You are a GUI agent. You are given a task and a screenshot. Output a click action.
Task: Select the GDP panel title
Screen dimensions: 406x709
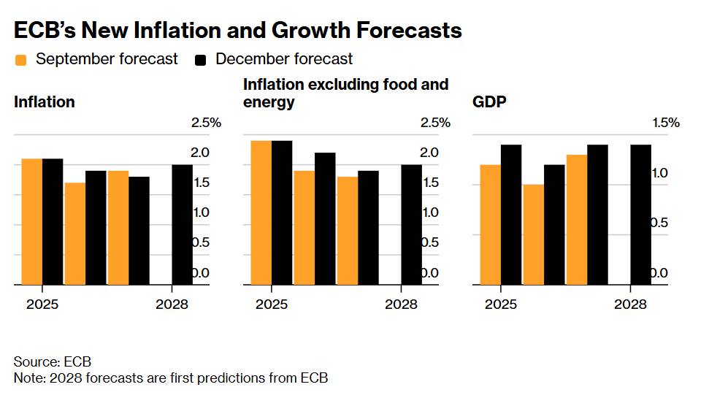[489, 102]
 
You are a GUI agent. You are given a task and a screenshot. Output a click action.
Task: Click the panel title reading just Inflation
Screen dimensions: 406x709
[45, 102]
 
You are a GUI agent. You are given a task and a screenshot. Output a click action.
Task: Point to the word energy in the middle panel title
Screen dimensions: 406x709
[269, 102]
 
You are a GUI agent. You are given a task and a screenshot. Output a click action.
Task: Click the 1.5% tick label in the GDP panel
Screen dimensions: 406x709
[666, 123]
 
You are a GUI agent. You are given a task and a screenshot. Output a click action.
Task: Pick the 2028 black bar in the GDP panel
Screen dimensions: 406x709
[640, 215]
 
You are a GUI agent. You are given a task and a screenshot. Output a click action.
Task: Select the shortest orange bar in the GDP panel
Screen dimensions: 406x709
[533, 234]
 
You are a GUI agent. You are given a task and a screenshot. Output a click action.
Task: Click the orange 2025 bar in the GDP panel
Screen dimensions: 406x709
[490, 224]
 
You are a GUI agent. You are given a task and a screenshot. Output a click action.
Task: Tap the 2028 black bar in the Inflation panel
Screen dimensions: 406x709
[182, 224]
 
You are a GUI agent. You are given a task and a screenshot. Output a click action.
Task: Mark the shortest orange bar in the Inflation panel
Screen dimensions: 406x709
[74, 233]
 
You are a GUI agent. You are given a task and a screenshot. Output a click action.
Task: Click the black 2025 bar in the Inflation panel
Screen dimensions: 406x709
[53, 221]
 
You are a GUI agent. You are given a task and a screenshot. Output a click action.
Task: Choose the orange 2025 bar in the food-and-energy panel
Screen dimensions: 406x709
[261, 212]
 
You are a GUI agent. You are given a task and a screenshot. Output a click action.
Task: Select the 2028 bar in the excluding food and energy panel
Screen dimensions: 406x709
[411, 224]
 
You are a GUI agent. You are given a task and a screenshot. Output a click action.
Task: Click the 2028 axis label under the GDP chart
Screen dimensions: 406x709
[630, 304]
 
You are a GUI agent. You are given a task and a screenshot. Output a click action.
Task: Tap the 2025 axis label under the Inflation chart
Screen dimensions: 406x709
[42, 304]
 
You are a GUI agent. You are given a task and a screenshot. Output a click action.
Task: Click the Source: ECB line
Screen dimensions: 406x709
[52, 362]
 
